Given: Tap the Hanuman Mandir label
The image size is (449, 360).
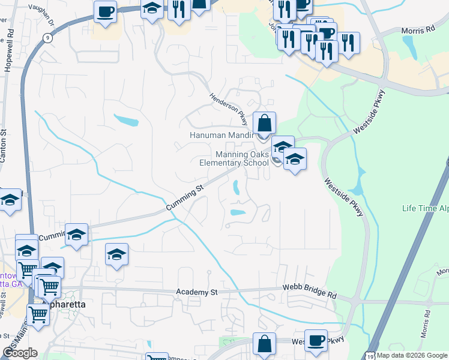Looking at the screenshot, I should (x=220, y=135).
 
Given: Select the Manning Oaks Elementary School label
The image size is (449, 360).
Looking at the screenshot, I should (x=234, y=158).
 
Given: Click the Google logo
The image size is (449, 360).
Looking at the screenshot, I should (x=20, y=353).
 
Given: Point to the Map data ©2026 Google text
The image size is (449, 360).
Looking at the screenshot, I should (x=412, y=355).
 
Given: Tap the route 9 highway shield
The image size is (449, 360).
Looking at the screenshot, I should (x=47, y=37).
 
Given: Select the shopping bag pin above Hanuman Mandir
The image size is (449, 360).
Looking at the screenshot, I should (x=264, y=124).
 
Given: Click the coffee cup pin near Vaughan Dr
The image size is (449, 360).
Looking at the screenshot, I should (x=105, y=12).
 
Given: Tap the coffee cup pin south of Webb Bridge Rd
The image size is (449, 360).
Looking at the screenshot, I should (x=316, y=341).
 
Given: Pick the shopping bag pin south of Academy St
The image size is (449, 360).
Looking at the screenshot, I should (x=264, y=344).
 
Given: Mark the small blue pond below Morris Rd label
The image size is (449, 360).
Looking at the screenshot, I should (x=408, y=44).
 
